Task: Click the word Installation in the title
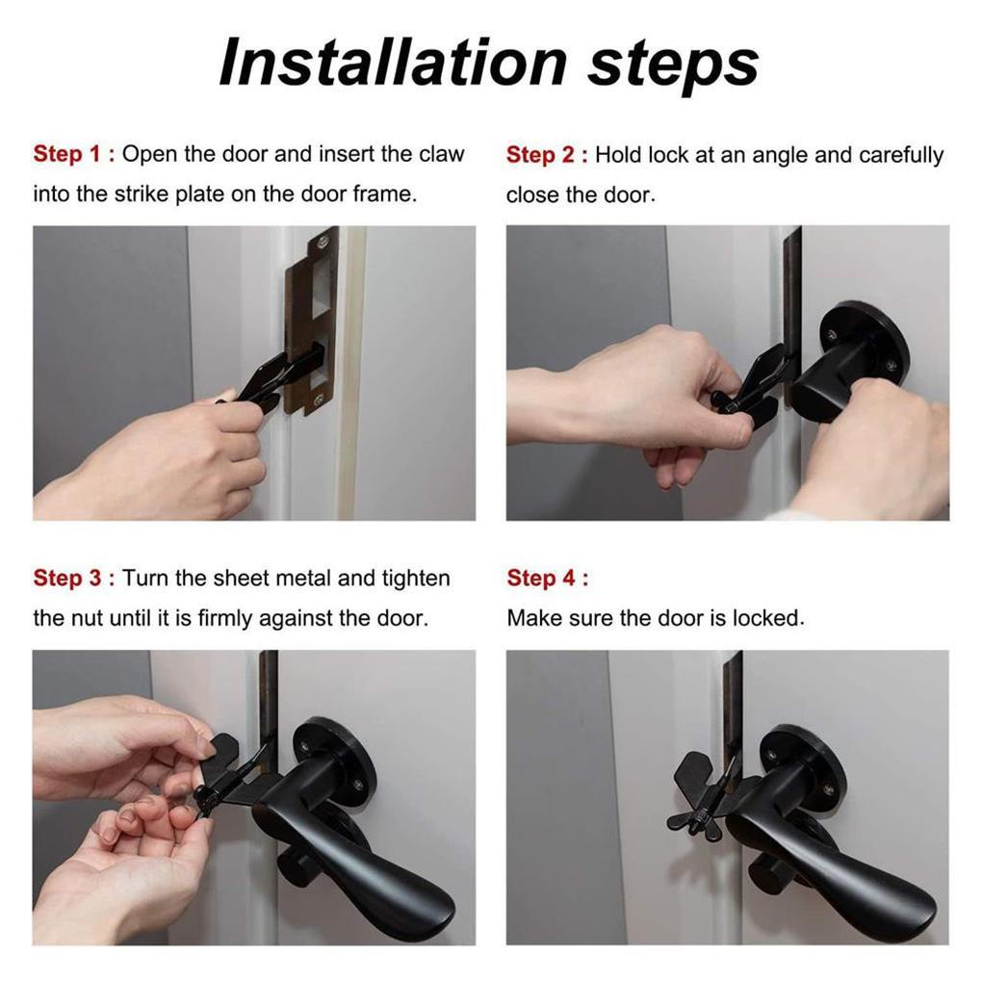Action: [393, 64]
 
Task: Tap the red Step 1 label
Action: [74, 153]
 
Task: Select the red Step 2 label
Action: [547, 155]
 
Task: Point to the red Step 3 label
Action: [74, 578]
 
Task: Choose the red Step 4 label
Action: [548, 578]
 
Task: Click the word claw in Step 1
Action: [442, 153]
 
